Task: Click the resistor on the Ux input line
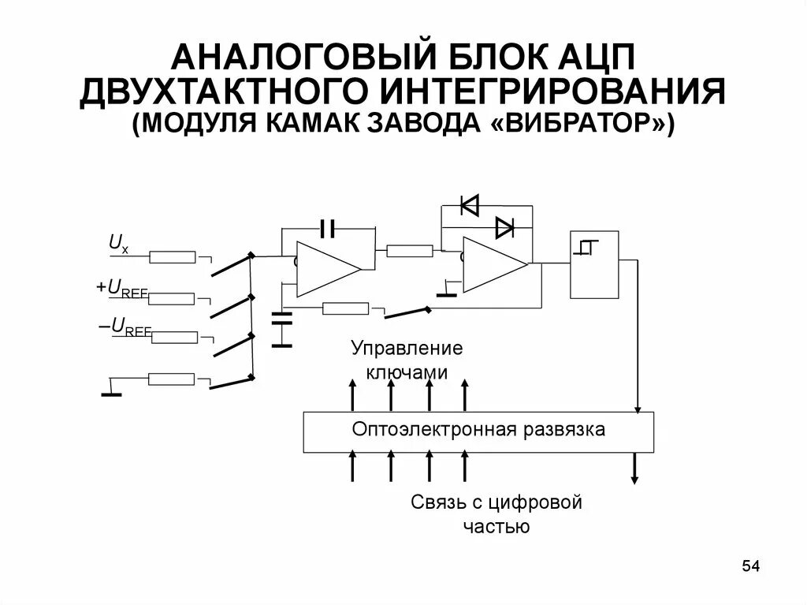[173, 256]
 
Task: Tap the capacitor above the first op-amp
[328, 229]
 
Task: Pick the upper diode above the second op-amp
[470, 206]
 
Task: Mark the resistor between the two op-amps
[410, 251]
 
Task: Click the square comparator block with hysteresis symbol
[594, 263]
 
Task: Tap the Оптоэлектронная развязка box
[478, 431]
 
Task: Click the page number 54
[750, 566]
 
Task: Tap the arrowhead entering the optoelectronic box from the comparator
[636, 407]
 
